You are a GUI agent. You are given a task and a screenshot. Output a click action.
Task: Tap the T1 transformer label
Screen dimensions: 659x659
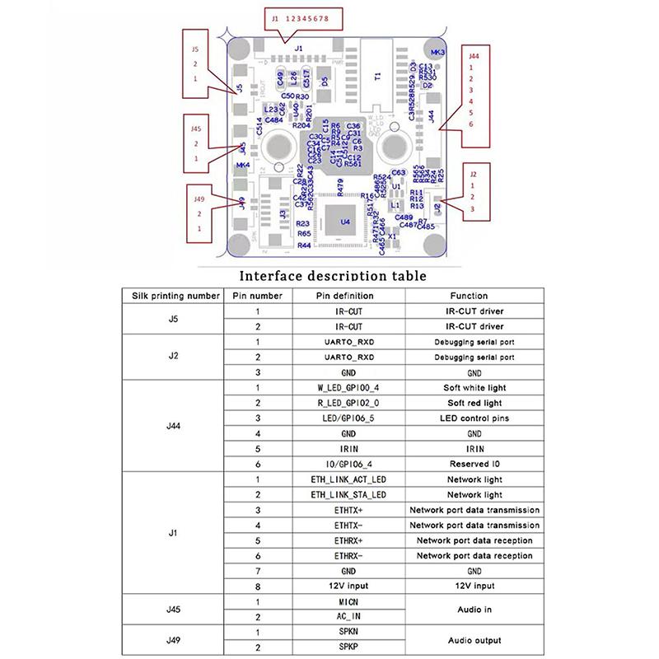pyautogui.click(x=377, y=77)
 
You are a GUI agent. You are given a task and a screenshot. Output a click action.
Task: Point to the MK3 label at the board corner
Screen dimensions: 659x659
pyautogui.click(x=438, y=52)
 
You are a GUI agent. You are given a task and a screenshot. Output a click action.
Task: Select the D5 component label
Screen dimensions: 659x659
pyautogui.click(x=325, y=81)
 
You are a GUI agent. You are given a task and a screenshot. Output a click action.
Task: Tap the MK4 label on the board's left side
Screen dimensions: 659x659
pyautogui.click(x=243, y=166)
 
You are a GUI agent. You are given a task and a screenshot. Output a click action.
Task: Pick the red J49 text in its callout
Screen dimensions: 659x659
pyautogui.click(x=198, y=199)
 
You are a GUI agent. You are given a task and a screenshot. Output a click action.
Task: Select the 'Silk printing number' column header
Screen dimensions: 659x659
pyautogui.click(x=171, y=296)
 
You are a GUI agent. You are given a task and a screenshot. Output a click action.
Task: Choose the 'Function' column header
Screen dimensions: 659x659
pyautogui.click(x=469, y=296)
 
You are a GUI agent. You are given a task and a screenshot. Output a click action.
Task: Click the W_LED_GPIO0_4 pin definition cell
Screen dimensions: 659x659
pyautogui.click(x=348, y=388)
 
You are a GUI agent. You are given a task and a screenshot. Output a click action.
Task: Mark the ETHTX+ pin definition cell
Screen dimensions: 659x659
pyautogui.click(x=348, y=510)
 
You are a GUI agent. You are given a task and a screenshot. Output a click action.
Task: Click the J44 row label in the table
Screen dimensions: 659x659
pyautogui.click(x=171, y=426)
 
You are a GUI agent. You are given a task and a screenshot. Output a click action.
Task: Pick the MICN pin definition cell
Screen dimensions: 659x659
pyautogui.click(x=348, y=602)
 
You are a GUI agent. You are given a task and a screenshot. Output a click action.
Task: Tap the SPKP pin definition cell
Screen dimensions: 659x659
pyautogui.click(x=348, y=647)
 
